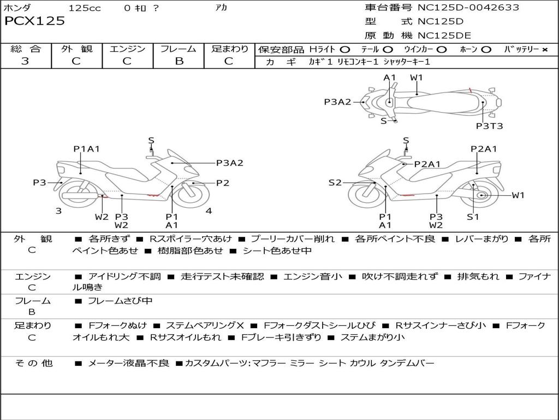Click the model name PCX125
coord(35,21)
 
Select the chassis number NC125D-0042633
coord(468,8)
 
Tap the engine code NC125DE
coord(444,36)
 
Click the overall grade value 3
coord(25,61)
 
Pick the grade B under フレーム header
coord(179,61)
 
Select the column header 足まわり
coord(230,49)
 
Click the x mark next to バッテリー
coord(544,50)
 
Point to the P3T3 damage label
coord(489,126)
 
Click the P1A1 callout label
coord(86,149)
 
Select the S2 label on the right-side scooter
coord(335,183)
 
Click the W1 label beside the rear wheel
coord(518,195)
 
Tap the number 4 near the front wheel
coord(209,211)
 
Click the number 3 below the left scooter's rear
coord(58,211)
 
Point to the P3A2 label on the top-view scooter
coord(337,101)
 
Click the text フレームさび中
coord(120,301)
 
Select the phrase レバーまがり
coord(482,239)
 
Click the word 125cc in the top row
coord(85,8)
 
